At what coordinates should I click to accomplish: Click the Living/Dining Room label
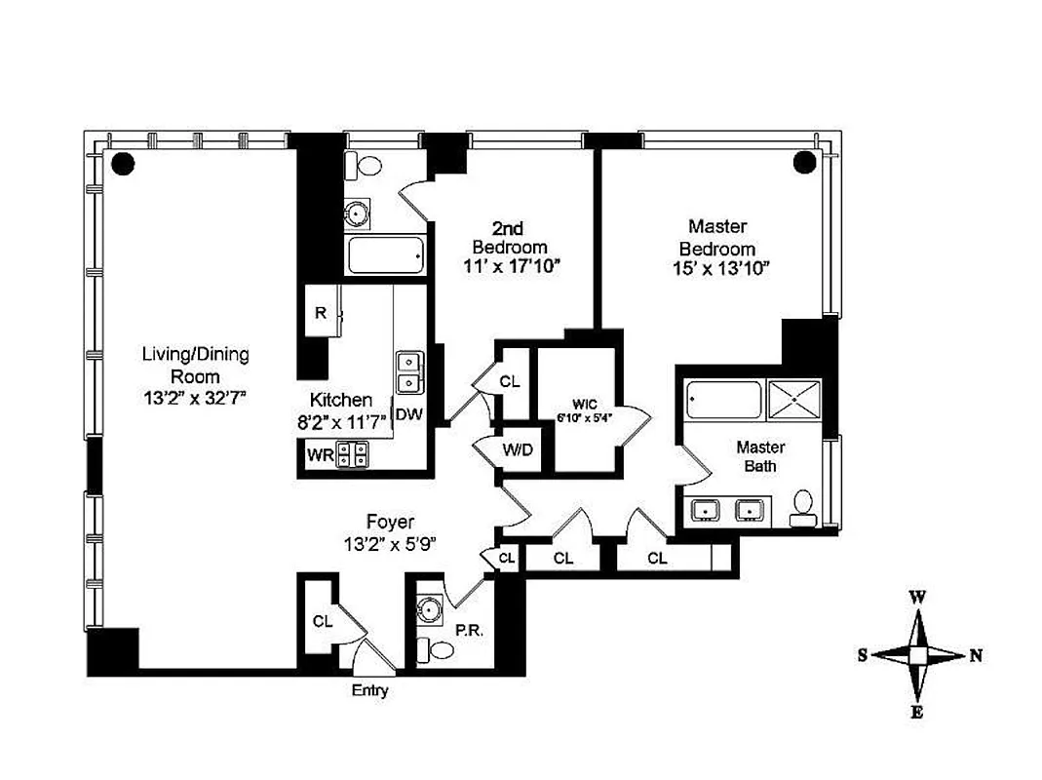(x=195, y=365)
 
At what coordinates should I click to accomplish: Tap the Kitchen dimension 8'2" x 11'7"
(x=340, y=421)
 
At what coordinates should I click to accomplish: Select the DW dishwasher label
(x=409, y=414)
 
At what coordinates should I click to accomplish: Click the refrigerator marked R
(x=320, y=313)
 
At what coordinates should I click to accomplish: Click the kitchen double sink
(x=409, y=370)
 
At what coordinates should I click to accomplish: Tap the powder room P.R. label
(x=467, y=631)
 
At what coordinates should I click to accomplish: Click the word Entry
(x=368, y=691)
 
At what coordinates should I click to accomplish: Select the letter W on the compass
(x=917, y=597)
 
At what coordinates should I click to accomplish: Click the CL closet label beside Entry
(x=323, y=620)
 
